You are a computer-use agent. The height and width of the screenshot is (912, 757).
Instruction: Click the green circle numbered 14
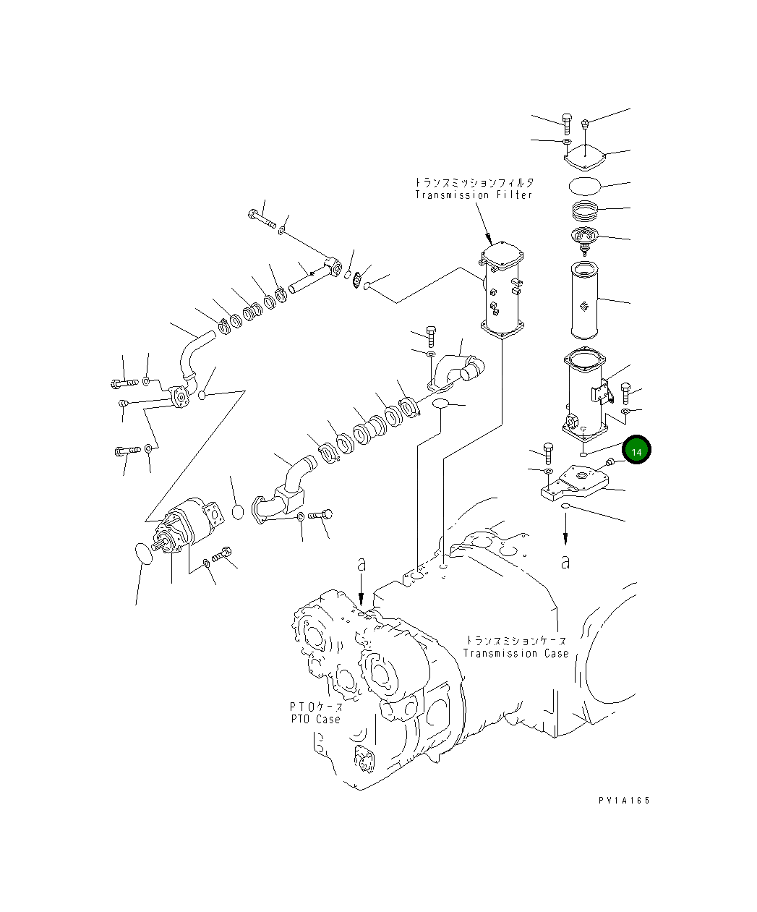click(637, 451)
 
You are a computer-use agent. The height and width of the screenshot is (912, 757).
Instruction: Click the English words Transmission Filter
click(474, 195)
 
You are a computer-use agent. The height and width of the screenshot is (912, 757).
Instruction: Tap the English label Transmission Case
click(516, 653)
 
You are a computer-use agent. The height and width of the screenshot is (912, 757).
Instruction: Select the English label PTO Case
click(315, 719)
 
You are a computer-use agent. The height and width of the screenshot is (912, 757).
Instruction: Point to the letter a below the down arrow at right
click(566, 561)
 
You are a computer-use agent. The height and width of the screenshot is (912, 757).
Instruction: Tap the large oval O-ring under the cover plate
click(584, 184)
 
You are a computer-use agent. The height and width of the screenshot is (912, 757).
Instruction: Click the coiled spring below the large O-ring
click(584, 212)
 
